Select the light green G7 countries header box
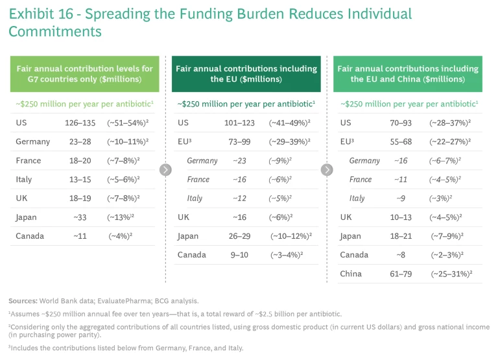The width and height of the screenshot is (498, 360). point(84,74)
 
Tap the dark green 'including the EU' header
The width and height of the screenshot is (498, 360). point(246,74)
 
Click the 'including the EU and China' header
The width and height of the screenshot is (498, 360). point(408,74)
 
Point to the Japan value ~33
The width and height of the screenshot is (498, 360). point(77,217)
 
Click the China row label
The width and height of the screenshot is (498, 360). point(351,274)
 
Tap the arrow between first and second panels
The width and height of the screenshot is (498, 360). point(165,169)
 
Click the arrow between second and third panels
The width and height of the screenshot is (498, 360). point(327,169)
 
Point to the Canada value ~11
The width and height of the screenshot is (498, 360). point(77,236)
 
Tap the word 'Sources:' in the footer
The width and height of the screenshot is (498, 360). point(23,301)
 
